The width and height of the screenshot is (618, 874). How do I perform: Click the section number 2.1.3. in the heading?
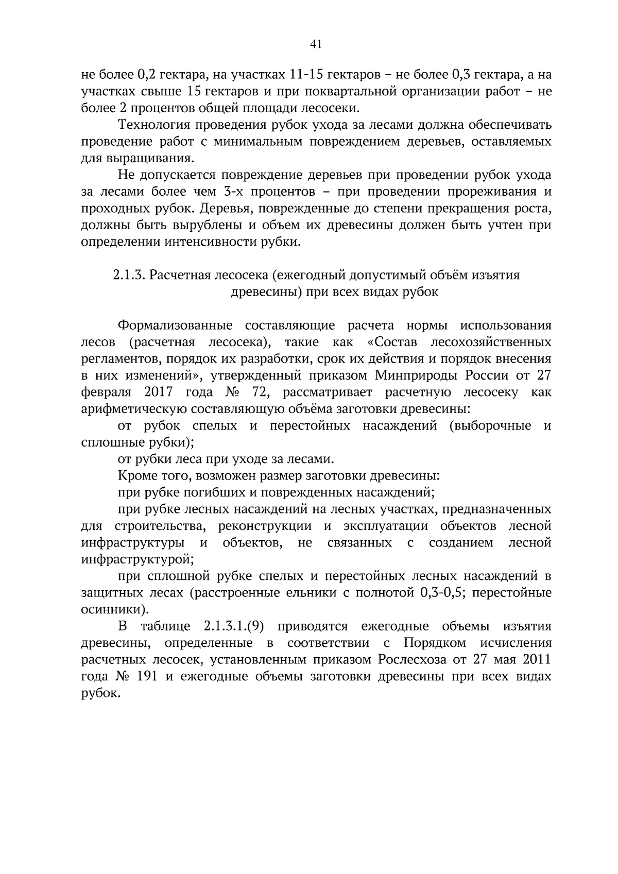tap(129, 275)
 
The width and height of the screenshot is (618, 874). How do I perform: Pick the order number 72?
tap(259, 392)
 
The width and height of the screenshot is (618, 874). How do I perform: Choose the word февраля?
tap(103, 392)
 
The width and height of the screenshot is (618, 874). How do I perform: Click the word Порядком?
tap(435, 643)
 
